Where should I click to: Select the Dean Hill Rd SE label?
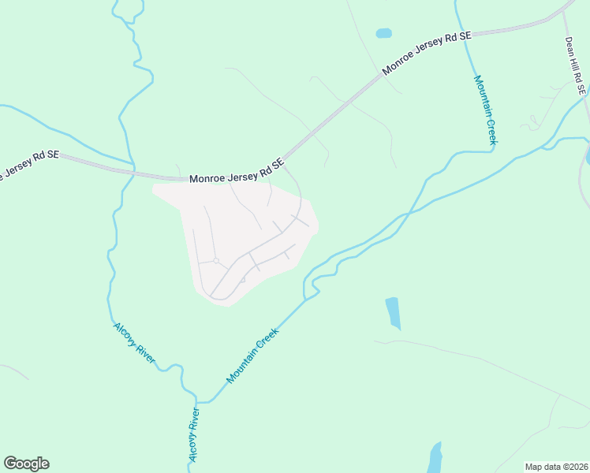point(575,66)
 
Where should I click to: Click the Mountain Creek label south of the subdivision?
point(252,356)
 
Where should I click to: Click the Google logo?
point(26,464)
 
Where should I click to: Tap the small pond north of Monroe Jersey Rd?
point(383,33)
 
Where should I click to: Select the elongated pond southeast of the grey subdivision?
point(393,312)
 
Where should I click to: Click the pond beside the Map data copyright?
point(434,457)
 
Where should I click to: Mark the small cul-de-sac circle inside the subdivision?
point(215,261)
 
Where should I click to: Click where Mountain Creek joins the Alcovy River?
point(196,402)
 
